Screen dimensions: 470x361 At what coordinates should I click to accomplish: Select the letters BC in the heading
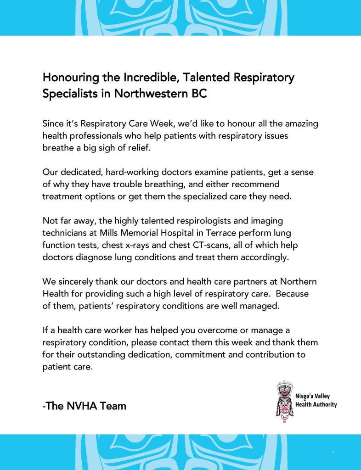tap(198, 94)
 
